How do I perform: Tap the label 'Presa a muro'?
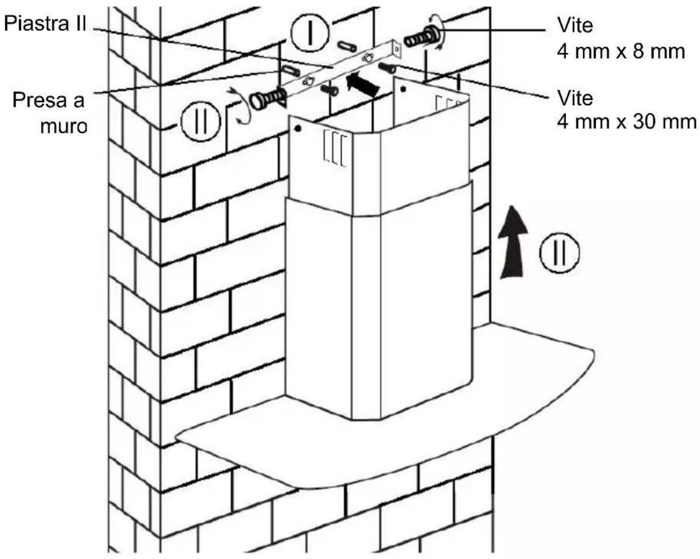point(50,112)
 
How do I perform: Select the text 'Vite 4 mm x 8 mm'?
point(620,39)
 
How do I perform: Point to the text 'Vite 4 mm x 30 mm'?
point(626,110)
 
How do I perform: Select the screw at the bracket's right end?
point(422,39)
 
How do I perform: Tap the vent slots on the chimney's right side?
point(445,105)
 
